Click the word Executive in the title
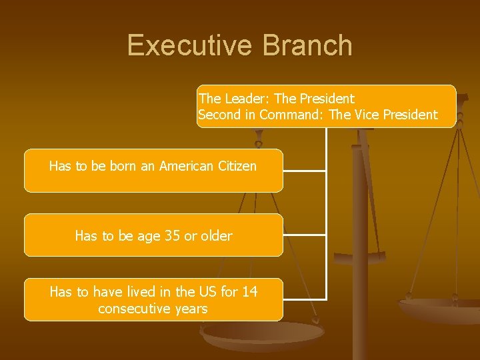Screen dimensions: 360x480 [189, 45]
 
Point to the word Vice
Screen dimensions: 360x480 [366, 115]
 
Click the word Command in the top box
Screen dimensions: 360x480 [289, 115]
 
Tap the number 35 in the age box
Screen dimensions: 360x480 [172, 235]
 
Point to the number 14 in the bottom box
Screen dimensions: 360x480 [249, 292]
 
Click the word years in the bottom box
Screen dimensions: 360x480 [191, 309]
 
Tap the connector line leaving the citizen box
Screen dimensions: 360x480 [304, 171]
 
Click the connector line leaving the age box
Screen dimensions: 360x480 [304, 235]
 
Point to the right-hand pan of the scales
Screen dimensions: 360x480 [440, 309]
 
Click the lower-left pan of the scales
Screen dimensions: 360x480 [260, 337]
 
